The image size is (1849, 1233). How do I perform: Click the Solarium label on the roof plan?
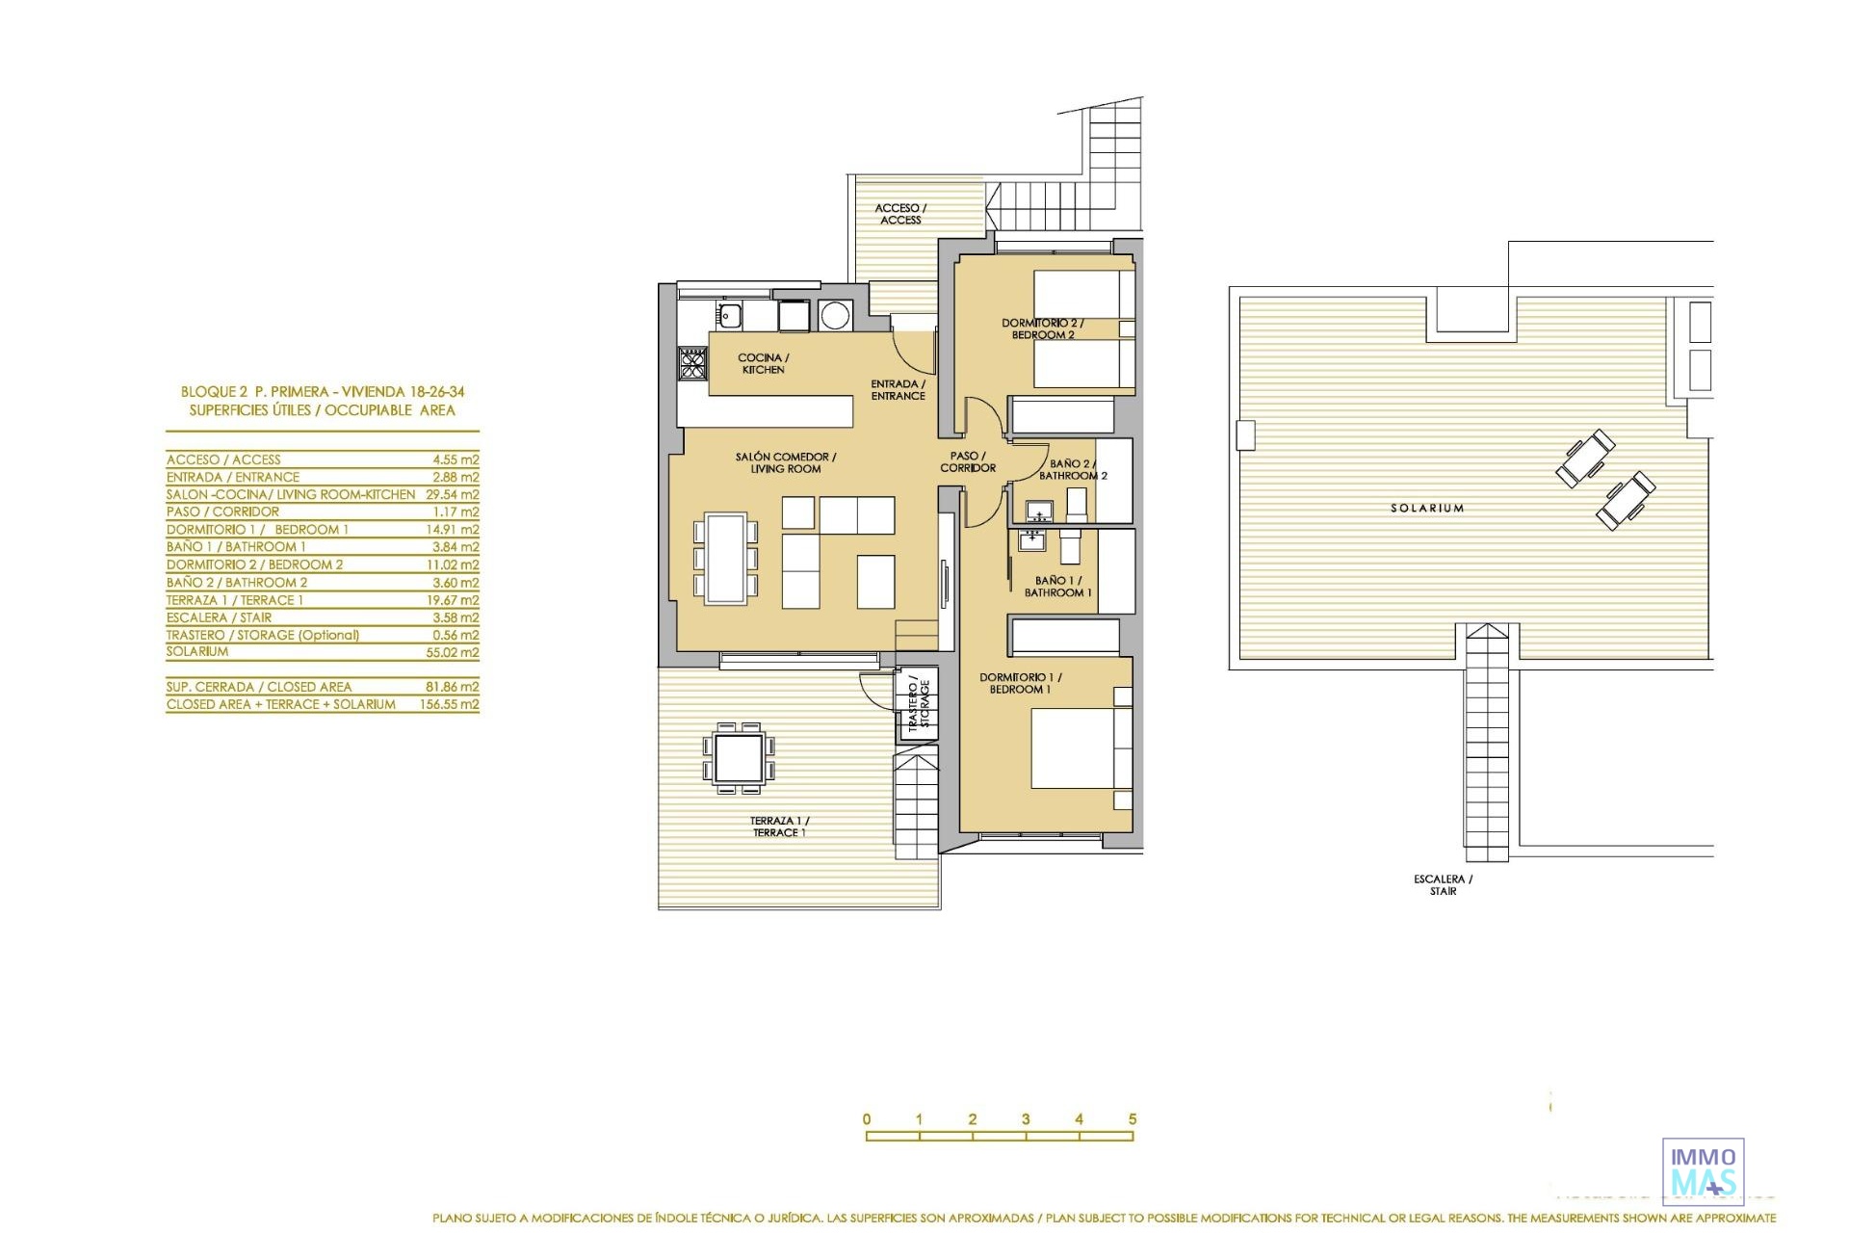[x=1427, y=508]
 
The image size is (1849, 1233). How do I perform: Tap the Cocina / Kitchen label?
[x=764, y=363]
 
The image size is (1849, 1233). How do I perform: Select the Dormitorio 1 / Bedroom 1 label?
[x=1021, y=683]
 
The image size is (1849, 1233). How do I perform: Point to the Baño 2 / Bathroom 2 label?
[x=1073, y=469]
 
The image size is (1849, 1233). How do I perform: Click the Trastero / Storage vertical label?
[x=919, y=705]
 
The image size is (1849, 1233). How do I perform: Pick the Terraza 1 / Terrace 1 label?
[x=779, y=826]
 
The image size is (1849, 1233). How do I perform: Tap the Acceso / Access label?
[x=900, y=214]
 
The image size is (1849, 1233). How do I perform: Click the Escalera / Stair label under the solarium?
[x=1443, y=885]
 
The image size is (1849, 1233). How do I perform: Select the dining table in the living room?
[x=725, y=559]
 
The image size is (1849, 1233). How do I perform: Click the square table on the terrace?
[x=740, y=758]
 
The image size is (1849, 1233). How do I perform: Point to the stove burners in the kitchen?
[x=692, y=363]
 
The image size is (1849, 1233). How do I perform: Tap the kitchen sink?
[x=729, y=314]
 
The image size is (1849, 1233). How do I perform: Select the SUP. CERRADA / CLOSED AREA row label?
[x=259, y=687]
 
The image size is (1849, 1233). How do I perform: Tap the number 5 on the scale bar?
[x=1133, y=1119]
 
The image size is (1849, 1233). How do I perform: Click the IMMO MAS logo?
[x=1704, y=1171]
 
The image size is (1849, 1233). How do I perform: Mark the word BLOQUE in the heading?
[x=208, y=392]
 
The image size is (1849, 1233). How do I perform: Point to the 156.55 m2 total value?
[x=449, y=704]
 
